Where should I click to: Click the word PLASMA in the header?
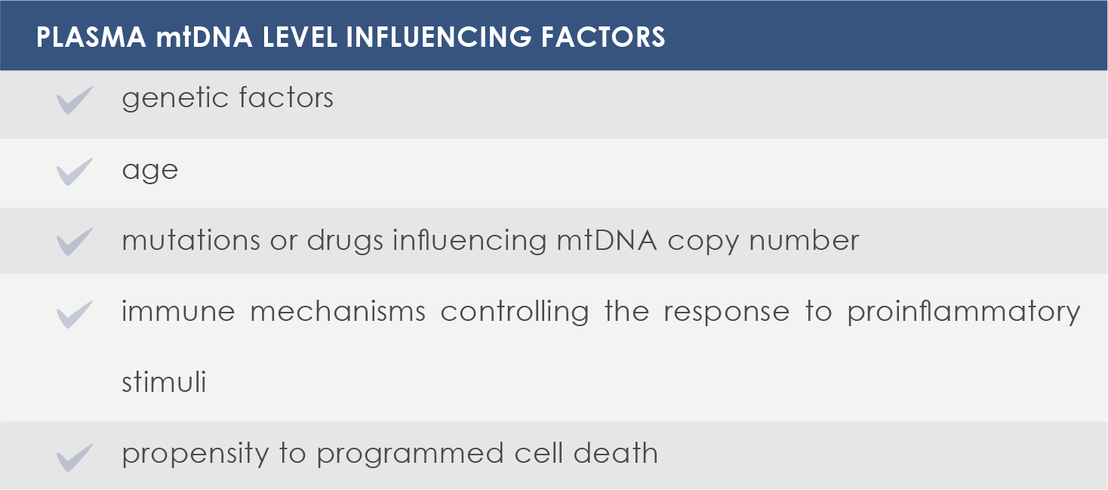pyautogui.click(x=91, y=37)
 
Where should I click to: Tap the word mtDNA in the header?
pyautogui.click(x=205, y=37)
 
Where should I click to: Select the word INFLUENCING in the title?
pyautogui.click(x=439, y=37)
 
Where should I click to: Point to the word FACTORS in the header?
pyautogui.click(x=603, y=37)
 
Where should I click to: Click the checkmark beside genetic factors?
pyautogui.click(x=74, y=100)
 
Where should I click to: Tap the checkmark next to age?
pyautogui.click(x=74, y=172)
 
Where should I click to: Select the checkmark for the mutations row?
pyautogui.click(x=74, y=242)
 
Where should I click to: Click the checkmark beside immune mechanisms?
pyautogui.click(x=74, y=315)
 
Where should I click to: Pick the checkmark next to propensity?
pyautogui.click(x=74, y=458)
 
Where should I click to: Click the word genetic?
pyautogui.click(x=175, y=98)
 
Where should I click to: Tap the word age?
pyautogui.click(x=150, y=171)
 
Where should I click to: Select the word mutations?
pyautogui.click(x=190, y=241)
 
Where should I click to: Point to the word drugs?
pyautogui.click(x=345, y=242)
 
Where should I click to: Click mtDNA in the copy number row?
pyautogui.click(x=607, y=241)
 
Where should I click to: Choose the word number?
pyautogui.click(x=804, y=240)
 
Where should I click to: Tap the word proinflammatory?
pyautogui.click(x=964, y=313)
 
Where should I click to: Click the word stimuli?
pyautogui.click(x=164, y=381)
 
